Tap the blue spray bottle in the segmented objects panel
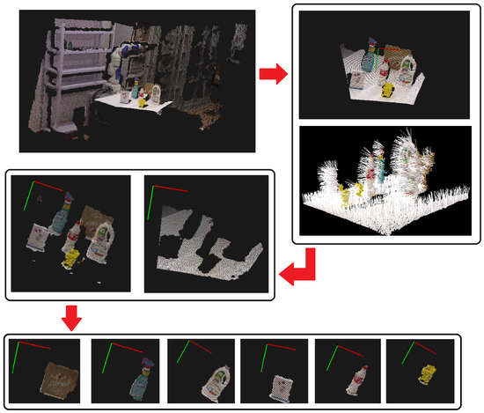pos(63,214)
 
